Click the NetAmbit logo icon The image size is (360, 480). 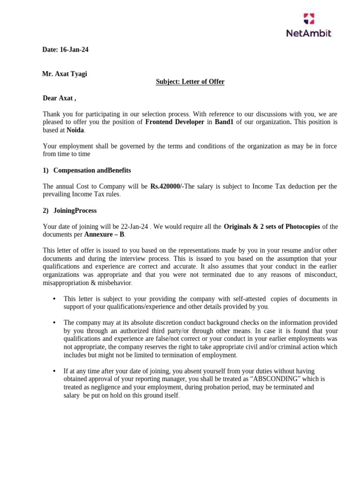[309, 18]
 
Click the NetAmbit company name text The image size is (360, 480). [308, 33]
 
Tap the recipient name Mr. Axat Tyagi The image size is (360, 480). [64, 74]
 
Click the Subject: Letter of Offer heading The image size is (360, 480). [190, 82]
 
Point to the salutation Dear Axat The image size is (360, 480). [59, 98]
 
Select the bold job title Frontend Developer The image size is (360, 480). [175, 122]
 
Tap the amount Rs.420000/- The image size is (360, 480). [167, 187]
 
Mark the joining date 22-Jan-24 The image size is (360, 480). [135, 227]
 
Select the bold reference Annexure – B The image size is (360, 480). [105, 234]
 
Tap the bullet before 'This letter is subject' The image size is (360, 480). [55, 299]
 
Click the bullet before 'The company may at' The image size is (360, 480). [55, 322]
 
